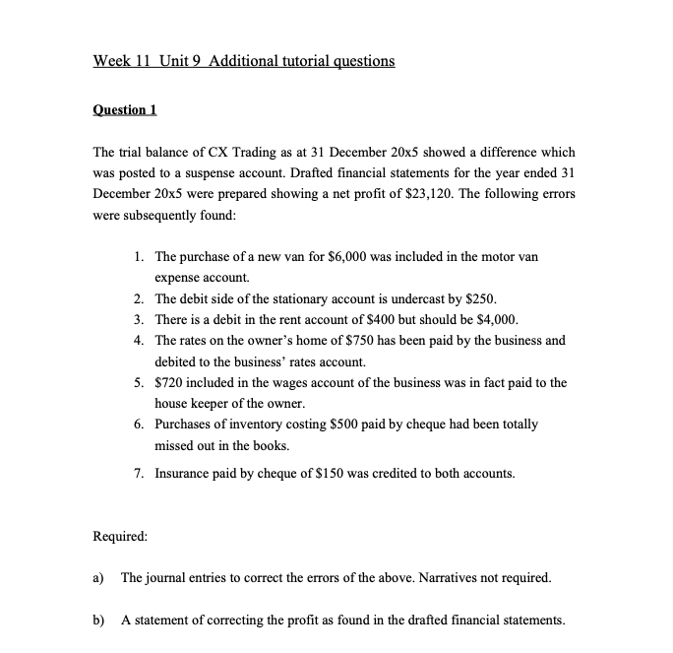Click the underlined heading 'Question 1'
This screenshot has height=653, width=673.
pos(125,109)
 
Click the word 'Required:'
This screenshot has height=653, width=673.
pos(120,538)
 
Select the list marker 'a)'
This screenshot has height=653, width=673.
pos(99,577)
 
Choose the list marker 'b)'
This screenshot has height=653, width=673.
pos(99,620)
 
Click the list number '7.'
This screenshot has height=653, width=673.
pos(141,473)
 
